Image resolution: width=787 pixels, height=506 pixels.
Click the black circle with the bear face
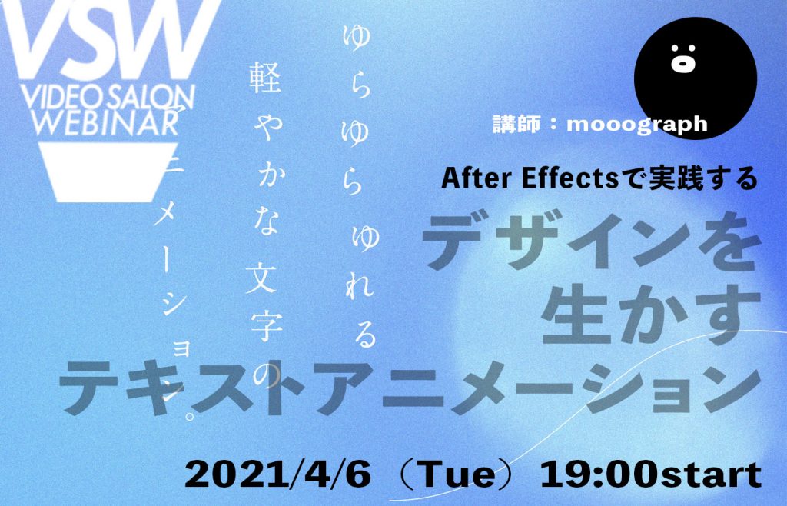[695, 78]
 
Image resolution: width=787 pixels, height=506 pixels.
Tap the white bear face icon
[683, 58]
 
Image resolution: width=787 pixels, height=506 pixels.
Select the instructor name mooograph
[637, 124]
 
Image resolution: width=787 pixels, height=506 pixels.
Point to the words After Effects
[530, 178]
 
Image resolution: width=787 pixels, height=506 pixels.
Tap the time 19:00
[599, 474]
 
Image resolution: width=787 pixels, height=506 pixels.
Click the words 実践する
[702, 178]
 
